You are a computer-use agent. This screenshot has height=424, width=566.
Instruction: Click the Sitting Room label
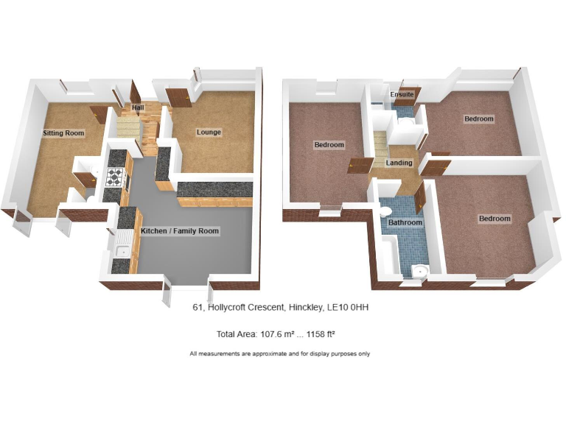63,133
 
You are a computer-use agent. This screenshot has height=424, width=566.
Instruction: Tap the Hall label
138,109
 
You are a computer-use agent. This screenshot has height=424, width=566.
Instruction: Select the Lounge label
209,132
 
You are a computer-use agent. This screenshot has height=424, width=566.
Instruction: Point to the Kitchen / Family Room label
180,231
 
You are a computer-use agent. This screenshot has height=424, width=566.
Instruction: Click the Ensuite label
402,95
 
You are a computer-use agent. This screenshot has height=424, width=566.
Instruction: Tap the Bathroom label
405,222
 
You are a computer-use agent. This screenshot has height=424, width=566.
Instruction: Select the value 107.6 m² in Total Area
276,334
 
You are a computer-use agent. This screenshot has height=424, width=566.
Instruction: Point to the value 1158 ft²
318,334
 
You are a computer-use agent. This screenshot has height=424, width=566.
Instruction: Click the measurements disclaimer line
279,354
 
